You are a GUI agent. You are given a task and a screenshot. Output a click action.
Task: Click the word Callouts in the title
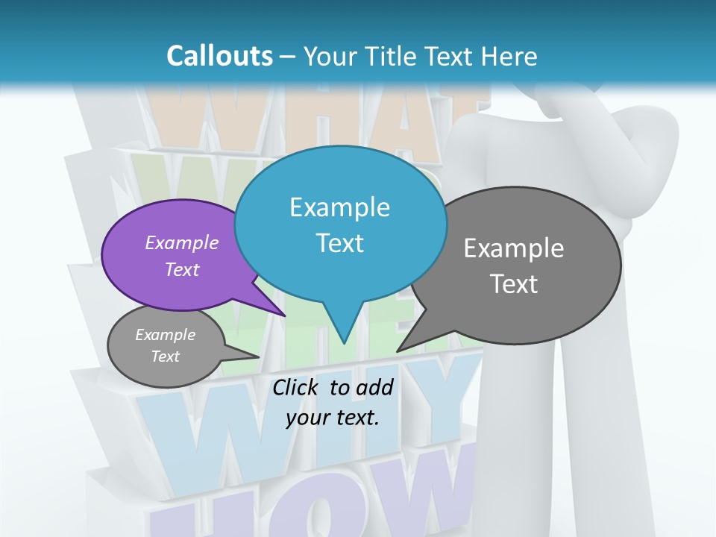coord(219,56)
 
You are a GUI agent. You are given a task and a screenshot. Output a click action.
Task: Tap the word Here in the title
coord(509,56)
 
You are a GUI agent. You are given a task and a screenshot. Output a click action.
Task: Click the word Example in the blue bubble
coord(339,207)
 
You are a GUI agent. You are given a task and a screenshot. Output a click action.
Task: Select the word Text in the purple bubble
coord(182,269)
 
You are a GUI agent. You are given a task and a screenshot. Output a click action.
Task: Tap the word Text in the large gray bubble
coord(514,283)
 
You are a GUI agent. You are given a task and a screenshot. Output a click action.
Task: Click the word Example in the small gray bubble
coord(165,335)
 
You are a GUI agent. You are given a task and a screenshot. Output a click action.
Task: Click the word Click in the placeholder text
coord(297,387)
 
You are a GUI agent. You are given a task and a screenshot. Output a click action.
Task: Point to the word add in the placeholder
coord(374,387)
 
